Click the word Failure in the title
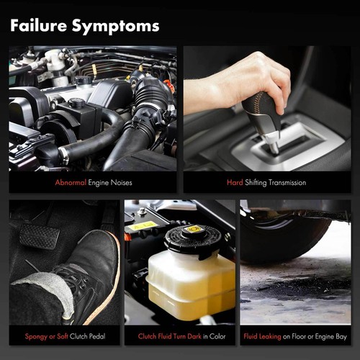point(38,25)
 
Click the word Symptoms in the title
point(116,27)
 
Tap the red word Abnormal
point(71,183)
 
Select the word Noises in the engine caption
point(121,183)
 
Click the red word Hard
point(235,183)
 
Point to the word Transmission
point(287,183)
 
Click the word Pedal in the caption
point(96,336)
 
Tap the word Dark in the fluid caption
point(194,336)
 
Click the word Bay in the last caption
point(341,337)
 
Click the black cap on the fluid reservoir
point(193,240)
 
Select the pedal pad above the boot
point(39,236)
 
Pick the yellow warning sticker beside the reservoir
point(143,225)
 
